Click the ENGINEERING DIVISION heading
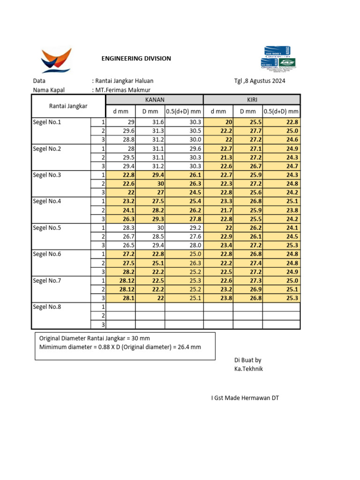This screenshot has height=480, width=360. pos(136,59)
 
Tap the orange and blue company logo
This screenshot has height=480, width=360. pos(56,60)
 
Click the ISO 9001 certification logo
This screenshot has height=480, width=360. pos(278,60)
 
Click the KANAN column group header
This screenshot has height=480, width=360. pos(154,99)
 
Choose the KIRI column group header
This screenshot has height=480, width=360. pos(252,99)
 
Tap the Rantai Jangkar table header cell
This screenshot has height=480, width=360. pos(68,106)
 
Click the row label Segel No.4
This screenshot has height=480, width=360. pos(47,202)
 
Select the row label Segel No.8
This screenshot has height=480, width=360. pos(47,307)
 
